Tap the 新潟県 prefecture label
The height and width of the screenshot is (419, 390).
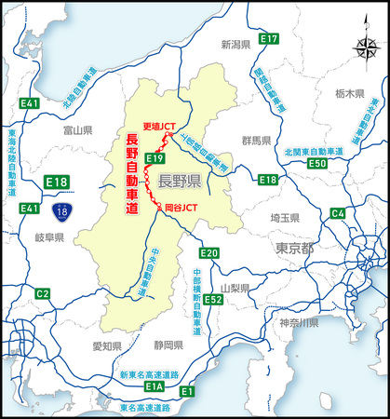[237, 44]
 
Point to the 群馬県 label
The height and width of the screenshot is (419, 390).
[254, 142]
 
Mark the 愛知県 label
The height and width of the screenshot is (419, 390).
[108, 345]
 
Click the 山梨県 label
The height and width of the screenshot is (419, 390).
[237, 289]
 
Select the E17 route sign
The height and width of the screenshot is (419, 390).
[269, 38]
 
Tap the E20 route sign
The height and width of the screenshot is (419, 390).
[208, 252]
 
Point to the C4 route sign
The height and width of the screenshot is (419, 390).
[337, 213]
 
